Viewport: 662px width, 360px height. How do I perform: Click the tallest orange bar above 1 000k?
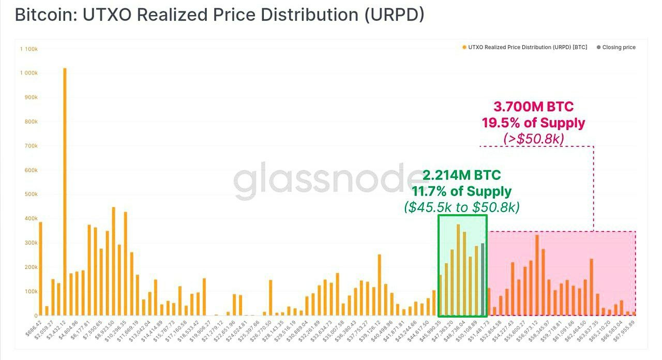coord(65,191)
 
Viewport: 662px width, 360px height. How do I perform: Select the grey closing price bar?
coord(483,279)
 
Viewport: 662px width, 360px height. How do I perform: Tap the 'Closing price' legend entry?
coord(619,47)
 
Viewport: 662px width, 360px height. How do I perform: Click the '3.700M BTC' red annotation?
coord(533,107)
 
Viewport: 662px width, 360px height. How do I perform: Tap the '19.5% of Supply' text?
coord(533,123)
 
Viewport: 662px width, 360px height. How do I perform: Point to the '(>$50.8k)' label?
coord(533,138)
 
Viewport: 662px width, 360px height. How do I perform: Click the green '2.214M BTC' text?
coord(461,175)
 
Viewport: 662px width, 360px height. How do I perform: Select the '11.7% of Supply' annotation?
coord(461,191)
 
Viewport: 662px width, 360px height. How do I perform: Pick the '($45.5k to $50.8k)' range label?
coord(461,207)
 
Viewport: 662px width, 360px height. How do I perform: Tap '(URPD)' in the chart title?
coord(394,14)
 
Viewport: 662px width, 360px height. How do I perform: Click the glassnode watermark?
coord(331,178)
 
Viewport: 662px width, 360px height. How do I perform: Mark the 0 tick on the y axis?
coord(35,316)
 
